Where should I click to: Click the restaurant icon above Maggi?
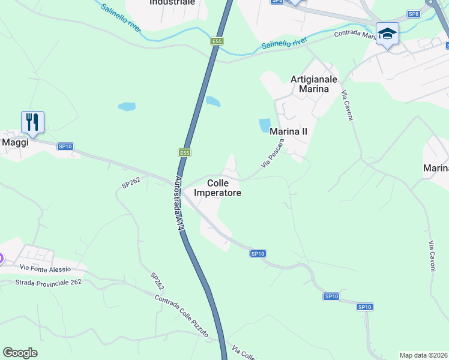point(32,122)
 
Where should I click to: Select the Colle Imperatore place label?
point(217,188)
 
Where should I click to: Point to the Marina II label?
point(289,131)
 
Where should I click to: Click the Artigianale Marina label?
point(314,84)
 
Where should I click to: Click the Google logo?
point(20,353)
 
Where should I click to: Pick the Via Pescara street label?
point(272,153)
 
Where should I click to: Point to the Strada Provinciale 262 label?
point(49,282)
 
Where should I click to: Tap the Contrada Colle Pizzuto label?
point(182,313)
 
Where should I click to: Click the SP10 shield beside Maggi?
point(65,146)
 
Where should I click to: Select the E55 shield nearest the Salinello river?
point(217,41)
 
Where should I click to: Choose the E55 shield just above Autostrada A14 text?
point(184,153)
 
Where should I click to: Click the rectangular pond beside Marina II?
point(265,125)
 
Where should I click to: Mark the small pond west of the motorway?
point(127,107)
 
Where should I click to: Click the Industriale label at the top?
point(172,2)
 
